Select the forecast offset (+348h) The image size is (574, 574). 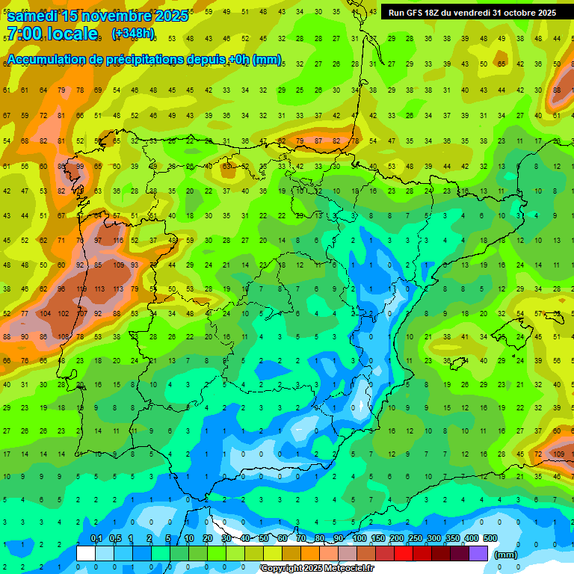[x=133, y=34]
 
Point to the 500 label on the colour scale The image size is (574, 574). [x=490, y=538]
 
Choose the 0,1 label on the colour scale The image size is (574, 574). [x=96, y=538]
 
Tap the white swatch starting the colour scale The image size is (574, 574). [x=85, y=553]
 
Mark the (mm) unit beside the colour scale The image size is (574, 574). [x=506, y=555]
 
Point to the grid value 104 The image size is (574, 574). [x=44, y=313]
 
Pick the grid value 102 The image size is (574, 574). [x=63, y=313]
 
